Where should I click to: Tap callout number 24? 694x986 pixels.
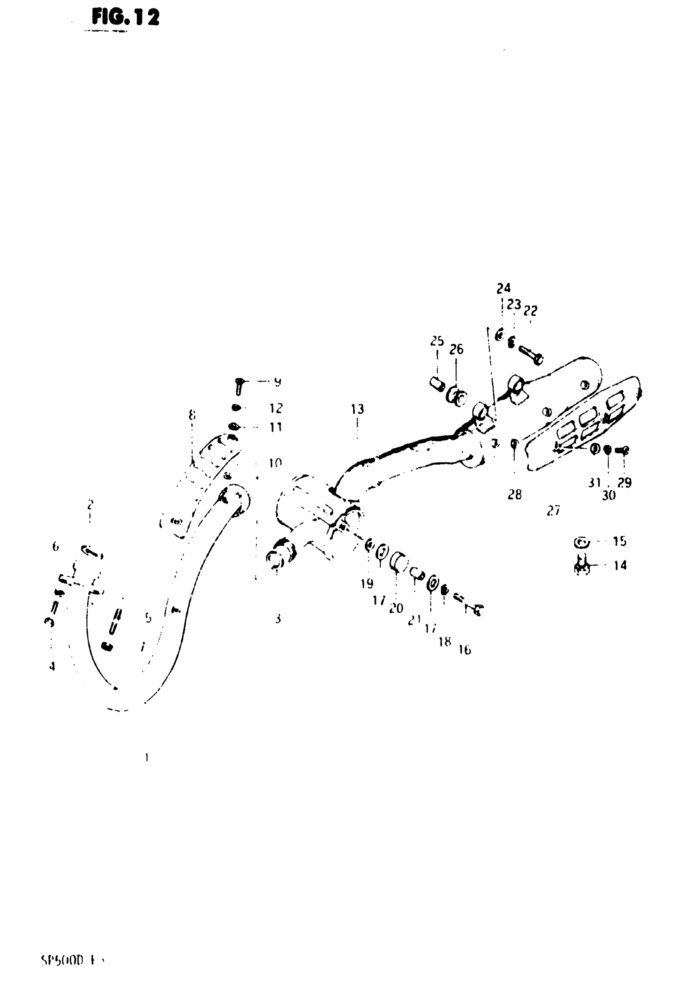pos(503,288)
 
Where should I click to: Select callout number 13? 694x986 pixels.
pos(357,409)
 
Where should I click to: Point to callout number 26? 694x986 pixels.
pos(456,349)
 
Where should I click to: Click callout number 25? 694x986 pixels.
pos(437,341)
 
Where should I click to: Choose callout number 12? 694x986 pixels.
pos(276,408)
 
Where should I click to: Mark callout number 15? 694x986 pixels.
pos(619,541)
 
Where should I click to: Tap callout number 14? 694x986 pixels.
pos(620,565)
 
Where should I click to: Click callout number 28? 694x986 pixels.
pos(514,495)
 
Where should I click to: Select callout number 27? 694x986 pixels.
pos(553,511)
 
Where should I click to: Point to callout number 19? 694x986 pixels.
pos(367,583)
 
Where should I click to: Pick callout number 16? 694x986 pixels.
pos(465,650)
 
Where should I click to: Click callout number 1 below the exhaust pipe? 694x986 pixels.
pos(147,757)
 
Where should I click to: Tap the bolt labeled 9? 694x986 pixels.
pos(240,386)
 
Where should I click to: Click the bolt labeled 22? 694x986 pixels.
pos(531,356)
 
